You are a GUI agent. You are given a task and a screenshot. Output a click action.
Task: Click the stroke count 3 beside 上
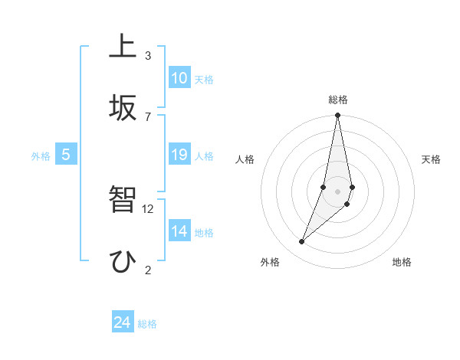[148, 56]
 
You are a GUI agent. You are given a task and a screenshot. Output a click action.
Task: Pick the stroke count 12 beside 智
[149, 208]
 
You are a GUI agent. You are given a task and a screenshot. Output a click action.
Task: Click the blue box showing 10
[179, 78]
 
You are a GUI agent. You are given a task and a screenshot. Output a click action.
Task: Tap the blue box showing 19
[179, 155]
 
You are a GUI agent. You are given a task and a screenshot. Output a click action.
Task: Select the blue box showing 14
[179, 231]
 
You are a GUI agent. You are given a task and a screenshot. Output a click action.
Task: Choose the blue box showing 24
[123, 322]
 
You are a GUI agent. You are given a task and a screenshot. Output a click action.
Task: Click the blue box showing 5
[66, 155]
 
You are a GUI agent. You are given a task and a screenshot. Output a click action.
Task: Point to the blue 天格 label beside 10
[204, 80]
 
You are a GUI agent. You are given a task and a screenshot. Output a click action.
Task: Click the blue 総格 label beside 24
[147, 324]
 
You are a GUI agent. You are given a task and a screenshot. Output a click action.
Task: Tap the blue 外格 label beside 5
[41, 156]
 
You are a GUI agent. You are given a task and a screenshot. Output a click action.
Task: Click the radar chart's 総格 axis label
[337, 100]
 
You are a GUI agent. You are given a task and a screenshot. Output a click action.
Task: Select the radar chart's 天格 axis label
[432, 159]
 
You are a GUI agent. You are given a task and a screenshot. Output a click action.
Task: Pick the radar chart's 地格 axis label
[402, 262]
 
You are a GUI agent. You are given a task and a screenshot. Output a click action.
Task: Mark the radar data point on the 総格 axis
[337, 116]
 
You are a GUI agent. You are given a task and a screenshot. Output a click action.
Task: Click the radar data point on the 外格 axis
[302, 242]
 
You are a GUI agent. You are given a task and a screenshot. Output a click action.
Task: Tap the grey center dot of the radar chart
[337, 191]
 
